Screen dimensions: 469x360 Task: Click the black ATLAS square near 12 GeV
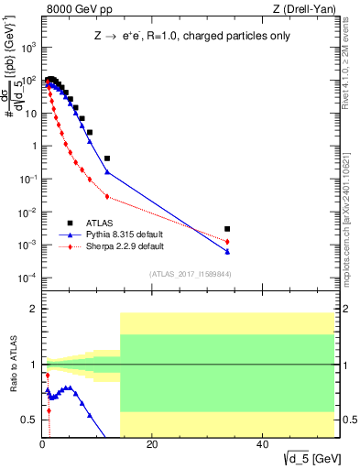(107, 158)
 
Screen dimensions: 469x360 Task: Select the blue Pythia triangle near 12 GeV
(107, 172)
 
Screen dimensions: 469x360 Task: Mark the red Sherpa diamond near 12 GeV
(107, 196)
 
